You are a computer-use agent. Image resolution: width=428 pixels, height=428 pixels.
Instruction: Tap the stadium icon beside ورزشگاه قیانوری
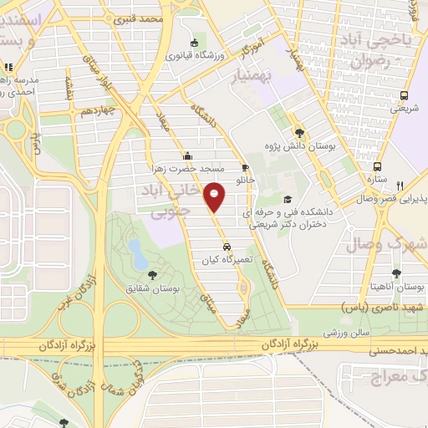pos(195,43)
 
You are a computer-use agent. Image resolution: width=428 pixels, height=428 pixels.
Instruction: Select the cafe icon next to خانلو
pos(244,166)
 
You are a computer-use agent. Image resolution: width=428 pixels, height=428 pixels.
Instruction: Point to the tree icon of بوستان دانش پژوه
pos(298,133)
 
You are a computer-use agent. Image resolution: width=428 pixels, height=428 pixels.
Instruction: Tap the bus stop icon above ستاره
pos(378,166)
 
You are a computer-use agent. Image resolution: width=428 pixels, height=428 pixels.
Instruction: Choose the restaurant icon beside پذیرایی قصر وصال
pos(402,186)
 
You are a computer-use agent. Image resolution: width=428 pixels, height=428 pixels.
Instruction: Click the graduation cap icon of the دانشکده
pos(288,199)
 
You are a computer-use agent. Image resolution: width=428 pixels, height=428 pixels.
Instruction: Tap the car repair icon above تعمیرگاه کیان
pos(227,247)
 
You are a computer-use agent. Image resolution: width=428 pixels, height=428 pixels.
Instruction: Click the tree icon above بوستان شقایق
pos(151,274)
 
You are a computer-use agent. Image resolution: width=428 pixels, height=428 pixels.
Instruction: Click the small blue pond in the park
pos(135,249)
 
